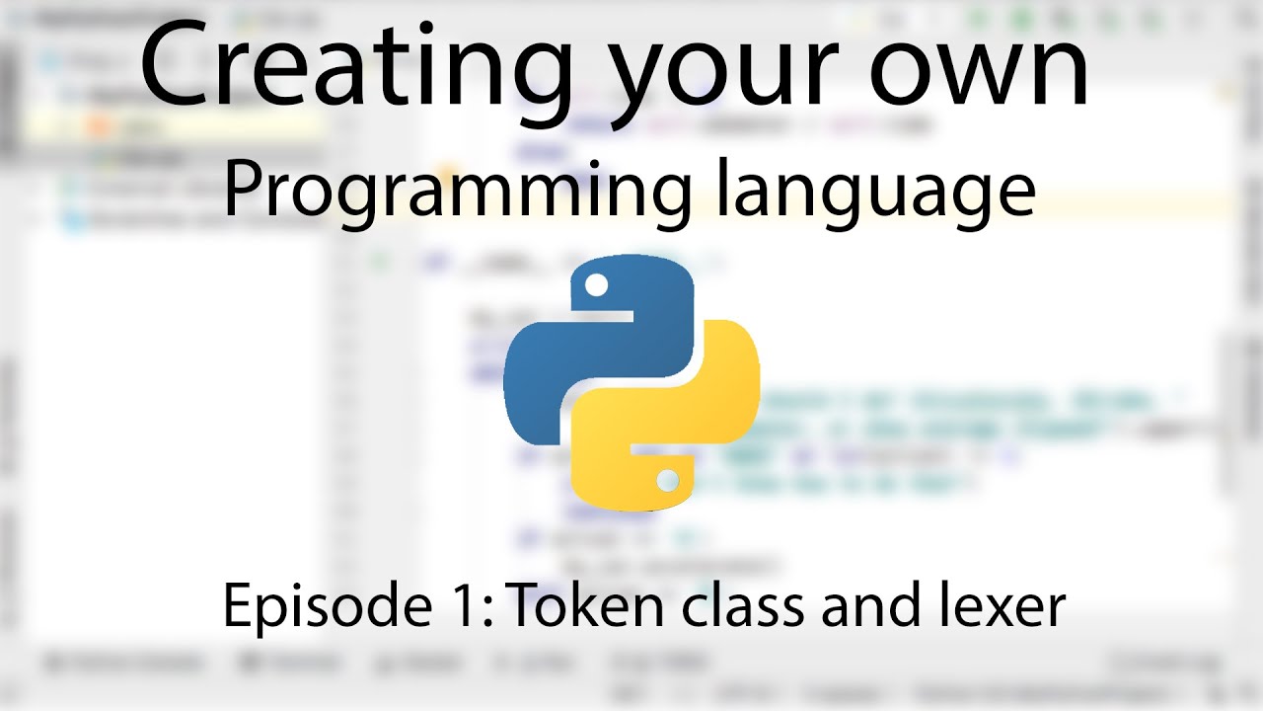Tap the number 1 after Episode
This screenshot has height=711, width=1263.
coord(464,604)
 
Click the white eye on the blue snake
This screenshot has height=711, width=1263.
coord(596,286)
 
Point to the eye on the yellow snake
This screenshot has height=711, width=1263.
coord(667,481)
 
